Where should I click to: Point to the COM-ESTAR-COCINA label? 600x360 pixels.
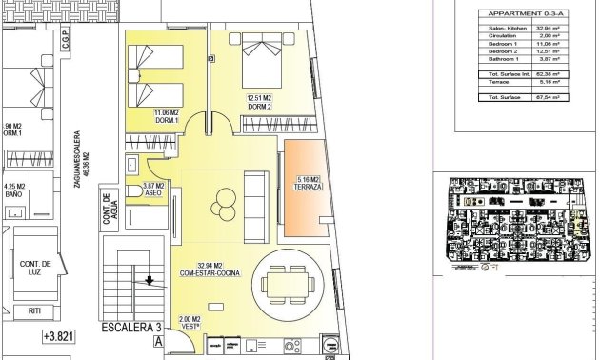click(x=211, y=270)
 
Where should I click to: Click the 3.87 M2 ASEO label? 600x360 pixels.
click(x=153, y=190)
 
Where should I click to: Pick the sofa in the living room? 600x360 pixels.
click(x=256, y=206)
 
